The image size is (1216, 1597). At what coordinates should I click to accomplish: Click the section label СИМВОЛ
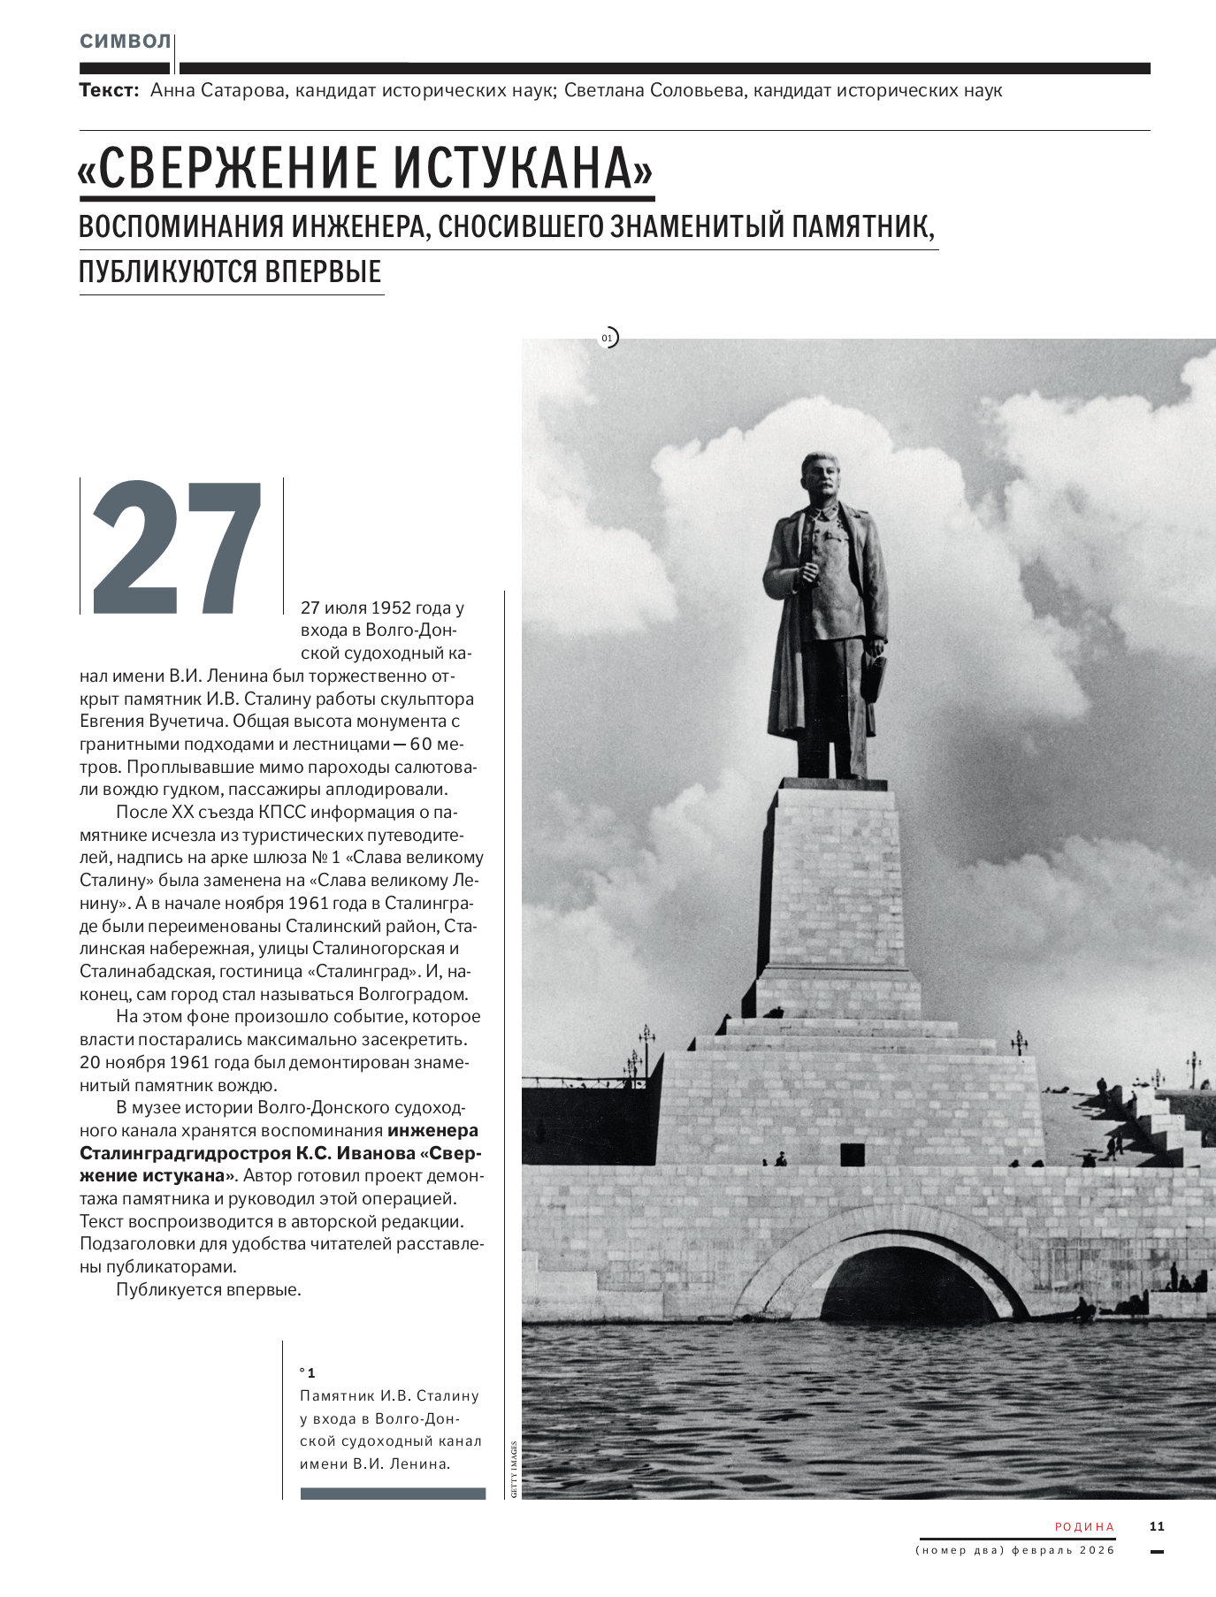[125, 42]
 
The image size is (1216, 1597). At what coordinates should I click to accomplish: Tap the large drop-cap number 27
[177, 548]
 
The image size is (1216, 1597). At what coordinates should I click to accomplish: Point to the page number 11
[1157, 1525]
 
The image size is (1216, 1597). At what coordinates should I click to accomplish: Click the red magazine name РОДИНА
[1084, 1526]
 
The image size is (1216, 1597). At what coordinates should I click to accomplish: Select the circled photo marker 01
[608, 337]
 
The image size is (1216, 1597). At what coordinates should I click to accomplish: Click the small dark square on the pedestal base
[853, 1154]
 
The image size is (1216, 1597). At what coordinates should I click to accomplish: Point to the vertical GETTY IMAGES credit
[513, 1467]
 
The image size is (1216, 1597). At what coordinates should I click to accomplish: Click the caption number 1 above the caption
[310, 1372]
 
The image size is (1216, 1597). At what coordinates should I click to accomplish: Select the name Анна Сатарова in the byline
[218, 90]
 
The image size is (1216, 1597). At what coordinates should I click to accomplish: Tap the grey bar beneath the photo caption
[393, 1494]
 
